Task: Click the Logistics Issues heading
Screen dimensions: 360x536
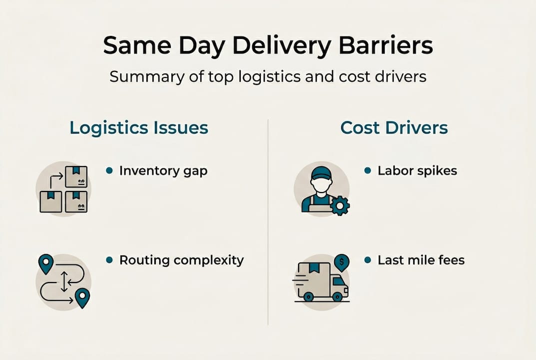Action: click(x=139, y=127)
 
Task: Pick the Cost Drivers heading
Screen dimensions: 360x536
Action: click(x=394, y=127)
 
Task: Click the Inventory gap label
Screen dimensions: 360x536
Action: click(x=163, y=170)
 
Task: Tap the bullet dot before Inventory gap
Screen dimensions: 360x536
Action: click(x=109, y=170)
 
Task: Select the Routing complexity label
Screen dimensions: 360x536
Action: click(x=181, y=260)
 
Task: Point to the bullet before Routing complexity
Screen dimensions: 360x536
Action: click(x=109, y=260)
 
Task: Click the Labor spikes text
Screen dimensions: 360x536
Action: click(x=417, y=170)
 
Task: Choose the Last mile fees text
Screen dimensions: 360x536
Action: click(x=421, y=260)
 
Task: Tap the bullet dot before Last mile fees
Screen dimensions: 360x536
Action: click(x=368, y=260)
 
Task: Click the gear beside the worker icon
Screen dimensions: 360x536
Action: click(x=340, y=205)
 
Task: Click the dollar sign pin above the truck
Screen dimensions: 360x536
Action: click(x=342, y=261)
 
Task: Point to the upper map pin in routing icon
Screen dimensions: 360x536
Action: click(x=46, y=263)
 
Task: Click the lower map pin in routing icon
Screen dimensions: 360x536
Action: click(x=82, y=297)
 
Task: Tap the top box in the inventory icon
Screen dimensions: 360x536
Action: click(x=76, y=176)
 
